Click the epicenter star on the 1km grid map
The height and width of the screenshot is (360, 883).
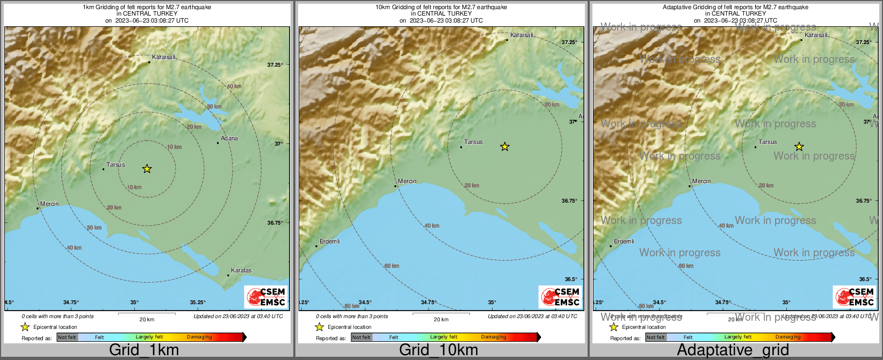click(x=147, y=169)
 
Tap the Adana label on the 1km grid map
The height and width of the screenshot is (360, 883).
click(x=229, y=138)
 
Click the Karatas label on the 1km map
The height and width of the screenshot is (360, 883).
click(x=241, y=270)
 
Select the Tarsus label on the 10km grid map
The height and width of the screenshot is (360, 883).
click(x=473, y=142)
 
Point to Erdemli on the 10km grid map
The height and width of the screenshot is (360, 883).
click(x=329, y=241)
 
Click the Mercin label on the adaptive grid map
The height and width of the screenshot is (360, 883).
click(x=701, y=181)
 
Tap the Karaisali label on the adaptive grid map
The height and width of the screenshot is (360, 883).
click(x=816, y=35)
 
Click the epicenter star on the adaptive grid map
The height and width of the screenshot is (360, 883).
click(x=799, y=147)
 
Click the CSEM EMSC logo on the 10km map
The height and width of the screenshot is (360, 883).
click(x=560, y=297)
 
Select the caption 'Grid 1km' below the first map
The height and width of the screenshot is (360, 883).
click(x=144, y=350)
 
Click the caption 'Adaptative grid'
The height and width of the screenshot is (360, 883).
click(x=733, y=350)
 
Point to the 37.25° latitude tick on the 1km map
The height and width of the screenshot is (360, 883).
click(x=275, y=64)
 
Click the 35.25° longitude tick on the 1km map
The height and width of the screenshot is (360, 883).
click(x=198, y=303)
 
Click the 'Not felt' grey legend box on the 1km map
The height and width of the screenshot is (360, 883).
click(x=67, y=337)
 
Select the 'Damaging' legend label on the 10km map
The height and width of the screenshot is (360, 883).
click(x=494, y=337)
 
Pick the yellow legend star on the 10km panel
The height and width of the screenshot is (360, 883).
click(x=319, y=327)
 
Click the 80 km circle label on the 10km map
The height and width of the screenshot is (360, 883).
click(x=351, y=306)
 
